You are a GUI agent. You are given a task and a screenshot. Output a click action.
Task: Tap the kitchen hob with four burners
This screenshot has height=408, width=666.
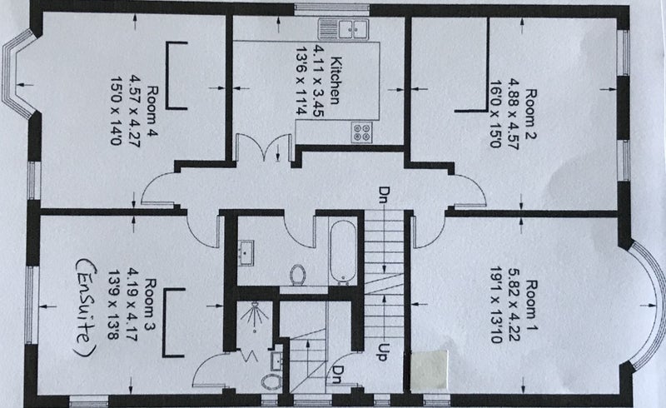363,131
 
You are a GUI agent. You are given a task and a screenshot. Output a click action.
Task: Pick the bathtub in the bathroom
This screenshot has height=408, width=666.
343,251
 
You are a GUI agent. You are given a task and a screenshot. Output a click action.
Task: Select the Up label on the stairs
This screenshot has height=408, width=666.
384,348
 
